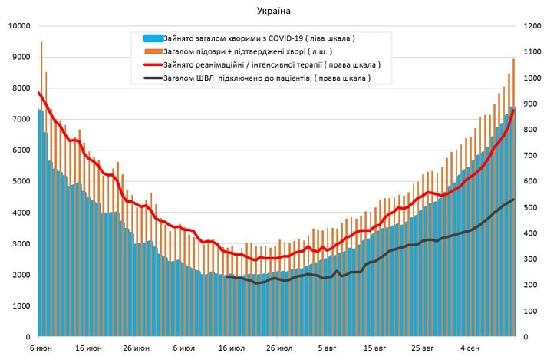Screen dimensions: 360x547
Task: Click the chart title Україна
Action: (274, 10)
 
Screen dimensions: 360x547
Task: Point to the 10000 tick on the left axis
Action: (16, 26)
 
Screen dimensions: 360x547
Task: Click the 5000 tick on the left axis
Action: (18, 182)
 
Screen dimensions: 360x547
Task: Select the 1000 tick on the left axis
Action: (18, 306)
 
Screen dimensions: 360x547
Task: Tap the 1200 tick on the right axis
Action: (532, 26)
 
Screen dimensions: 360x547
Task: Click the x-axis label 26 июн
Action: (138, 348)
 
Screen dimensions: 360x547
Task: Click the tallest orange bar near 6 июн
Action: (41, 43)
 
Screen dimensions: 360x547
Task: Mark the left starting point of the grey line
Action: (227, 276)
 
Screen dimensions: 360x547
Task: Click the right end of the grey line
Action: (513, 200)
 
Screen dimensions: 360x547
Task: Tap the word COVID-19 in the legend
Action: (281, 38)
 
